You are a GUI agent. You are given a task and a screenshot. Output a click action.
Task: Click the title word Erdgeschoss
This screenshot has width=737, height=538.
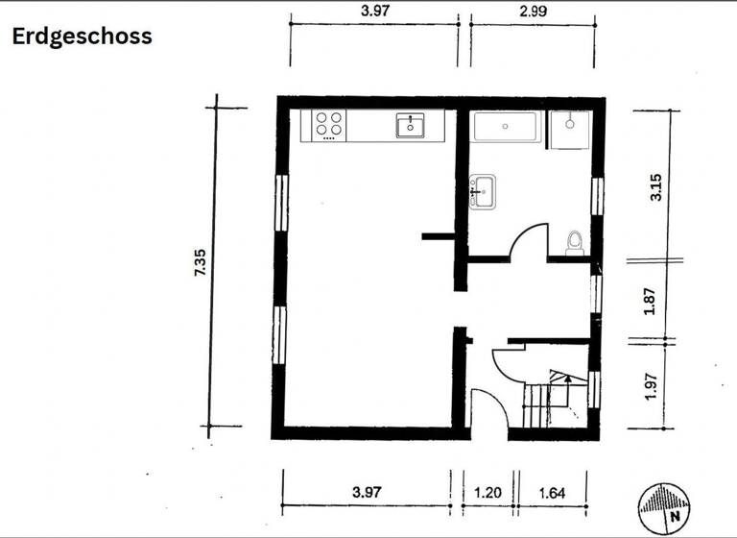[x=82, y=37]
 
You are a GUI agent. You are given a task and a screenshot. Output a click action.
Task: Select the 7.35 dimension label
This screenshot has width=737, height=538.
[x=200, y=263]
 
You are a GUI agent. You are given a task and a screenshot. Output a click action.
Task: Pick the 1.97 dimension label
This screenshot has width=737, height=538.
[x=651, y=385]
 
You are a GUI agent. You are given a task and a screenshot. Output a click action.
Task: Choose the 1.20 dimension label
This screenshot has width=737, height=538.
[x=487, y=493]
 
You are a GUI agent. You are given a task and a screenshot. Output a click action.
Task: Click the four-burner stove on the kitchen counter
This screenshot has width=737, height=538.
[x=330, y=125]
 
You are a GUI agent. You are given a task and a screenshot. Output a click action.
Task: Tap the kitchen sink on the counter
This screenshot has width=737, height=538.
[x=411, y=125]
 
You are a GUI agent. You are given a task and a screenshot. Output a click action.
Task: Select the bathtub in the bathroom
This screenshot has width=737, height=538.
[x=508, y=128]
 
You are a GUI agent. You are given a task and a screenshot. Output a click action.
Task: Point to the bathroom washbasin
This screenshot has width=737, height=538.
[x=482, y=191]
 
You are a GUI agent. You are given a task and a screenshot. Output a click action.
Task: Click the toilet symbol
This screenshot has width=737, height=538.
[x=575, y=243]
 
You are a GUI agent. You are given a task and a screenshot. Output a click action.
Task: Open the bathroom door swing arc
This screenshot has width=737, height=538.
[x=528, y=240]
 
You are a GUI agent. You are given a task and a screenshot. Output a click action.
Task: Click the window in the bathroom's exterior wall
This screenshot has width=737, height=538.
[x=597, y=195]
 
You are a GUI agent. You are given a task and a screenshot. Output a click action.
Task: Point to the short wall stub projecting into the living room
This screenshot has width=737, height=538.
[x=438, y=235]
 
